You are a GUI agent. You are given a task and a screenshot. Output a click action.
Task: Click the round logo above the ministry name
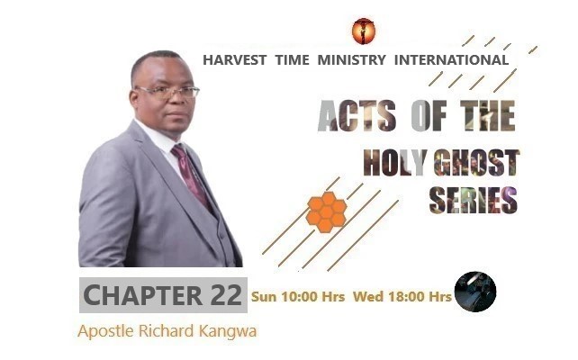click(364, 31)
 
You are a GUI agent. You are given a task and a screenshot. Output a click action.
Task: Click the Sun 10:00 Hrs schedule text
click(298, 295)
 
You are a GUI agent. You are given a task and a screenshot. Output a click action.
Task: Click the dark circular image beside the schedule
click(474, 292)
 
